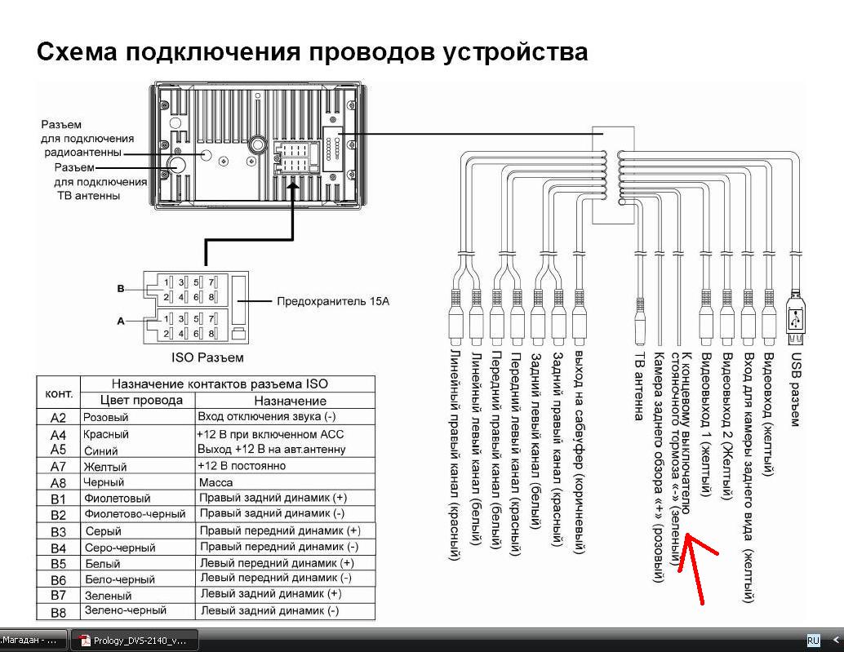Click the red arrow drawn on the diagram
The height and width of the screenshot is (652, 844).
[x=701, y=566]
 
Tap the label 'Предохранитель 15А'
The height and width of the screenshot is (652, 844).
[x=333, y=301]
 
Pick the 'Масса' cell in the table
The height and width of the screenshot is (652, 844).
[x=216, y=482]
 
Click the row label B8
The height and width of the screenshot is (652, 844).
[x=58, y=611]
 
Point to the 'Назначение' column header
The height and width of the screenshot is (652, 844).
[x=290, y=401]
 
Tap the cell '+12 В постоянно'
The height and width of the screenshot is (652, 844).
[x=242, y=466]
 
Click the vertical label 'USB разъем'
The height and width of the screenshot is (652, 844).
[x=796, y=388]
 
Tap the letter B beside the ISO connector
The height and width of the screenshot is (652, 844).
[x=121, y=288]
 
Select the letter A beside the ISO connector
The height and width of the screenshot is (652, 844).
[x=120, y=322]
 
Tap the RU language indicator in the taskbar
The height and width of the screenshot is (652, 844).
[x=813, y=641]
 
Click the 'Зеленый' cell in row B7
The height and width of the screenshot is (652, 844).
[x=108, y=596]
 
